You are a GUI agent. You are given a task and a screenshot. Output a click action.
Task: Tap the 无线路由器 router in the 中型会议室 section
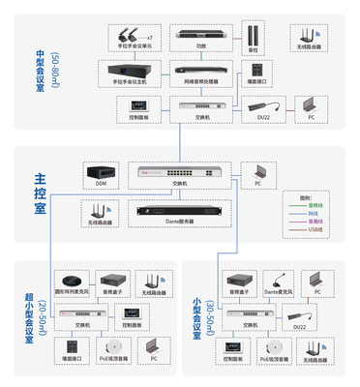click(x=308, y=38)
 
